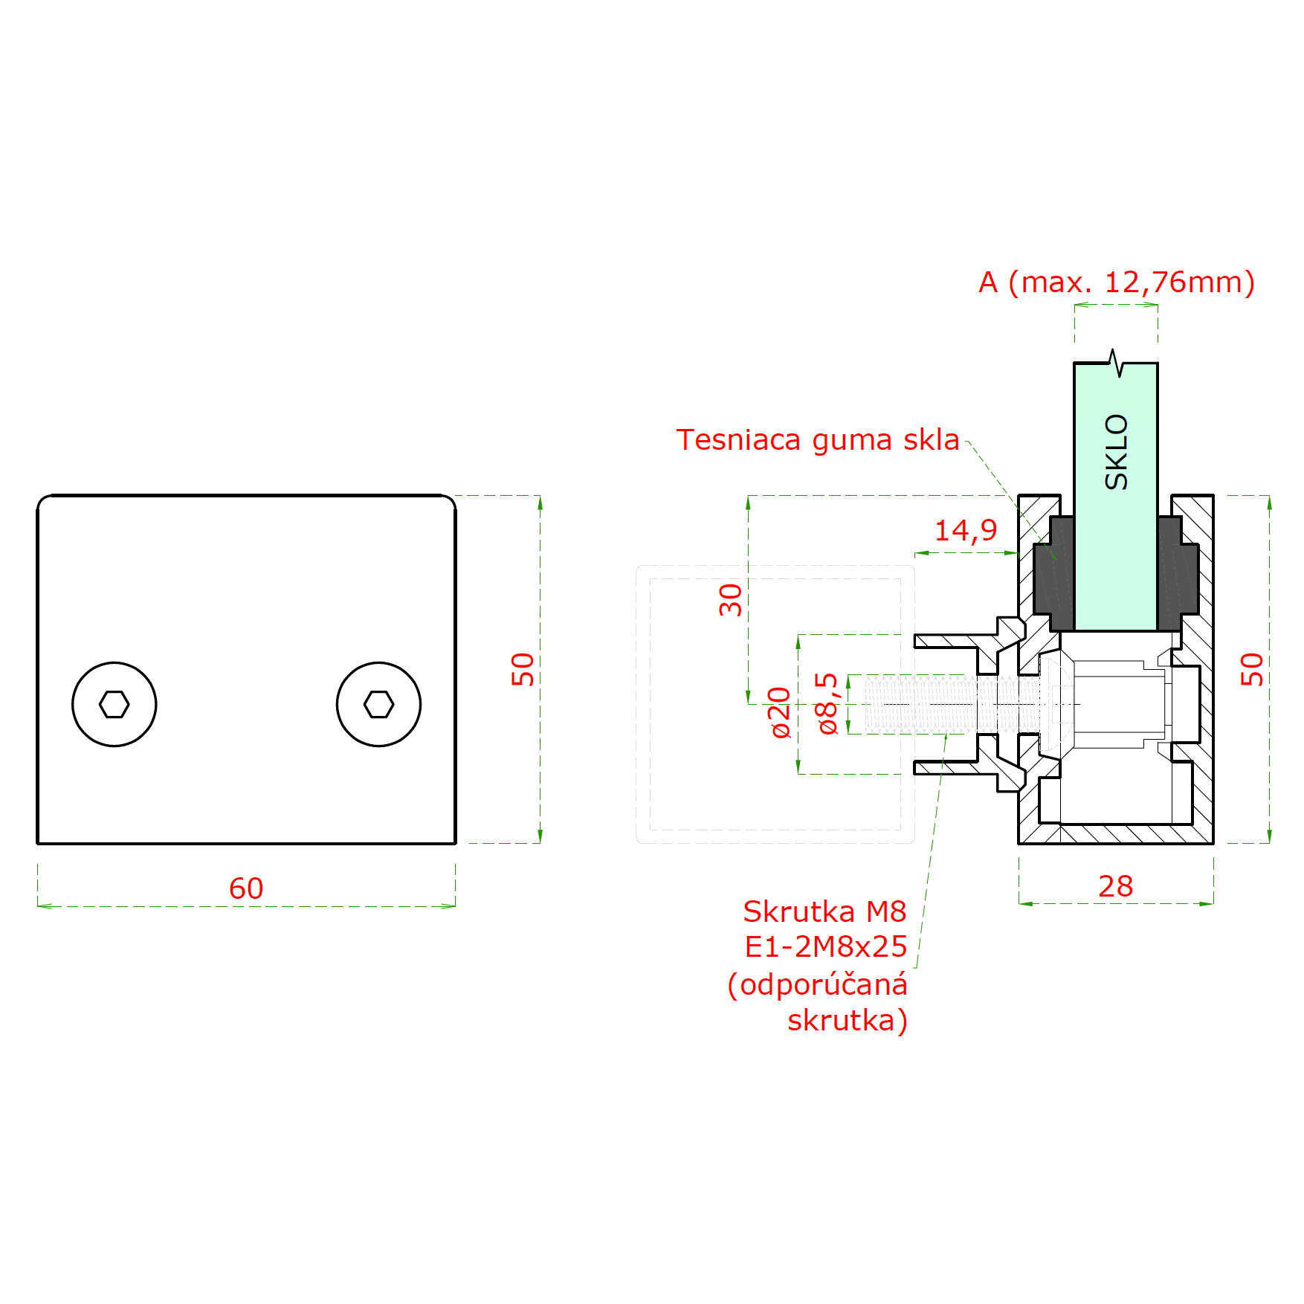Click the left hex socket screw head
[114, 704]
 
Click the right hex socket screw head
[378, 704]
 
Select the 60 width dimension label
[246, 888]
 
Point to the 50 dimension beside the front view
[523, 669]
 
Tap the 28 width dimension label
[1116, 886]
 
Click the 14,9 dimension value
[966, 531]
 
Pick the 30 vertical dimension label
[731, 600]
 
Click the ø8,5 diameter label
[827, 703]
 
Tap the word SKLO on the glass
[1117, 452]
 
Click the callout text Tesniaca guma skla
[818, 440]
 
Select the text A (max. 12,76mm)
[1117, 283]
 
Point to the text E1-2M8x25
[826, 946]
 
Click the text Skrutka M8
[824, 911]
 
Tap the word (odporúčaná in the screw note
[817, 984]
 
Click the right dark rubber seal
[1178, 574]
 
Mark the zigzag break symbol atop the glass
[1116, 363]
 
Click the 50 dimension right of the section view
[1252, 669]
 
